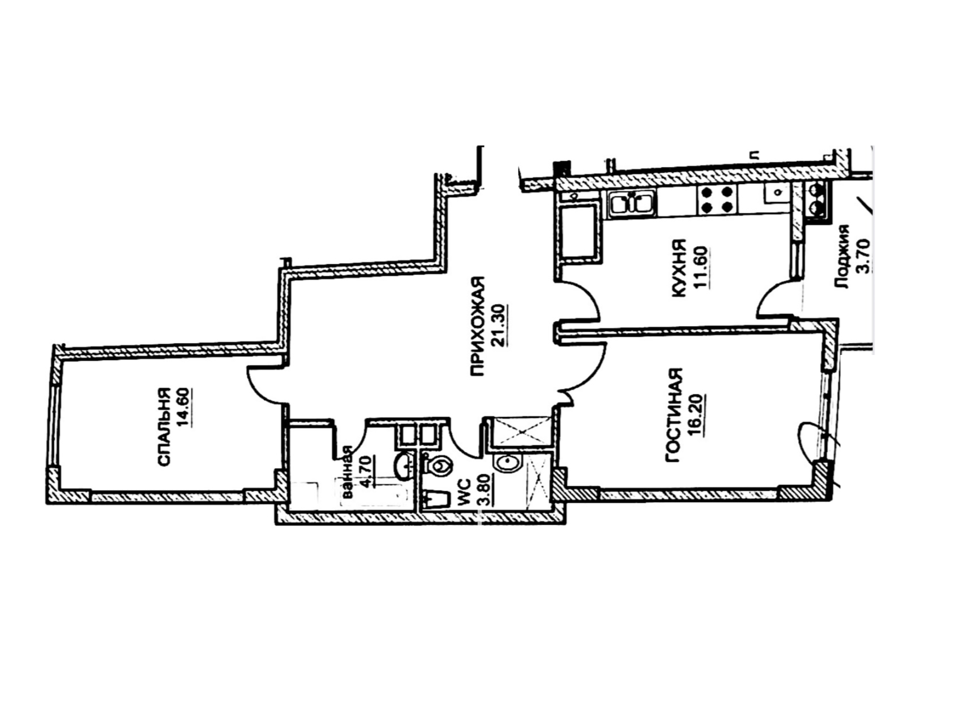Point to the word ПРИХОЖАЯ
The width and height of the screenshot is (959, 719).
pos(478,326)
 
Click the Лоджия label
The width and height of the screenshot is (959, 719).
pos(844,257)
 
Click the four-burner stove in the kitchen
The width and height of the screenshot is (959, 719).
pos(717,200)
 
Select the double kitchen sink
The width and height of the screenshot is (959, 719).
pos(632,203)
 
